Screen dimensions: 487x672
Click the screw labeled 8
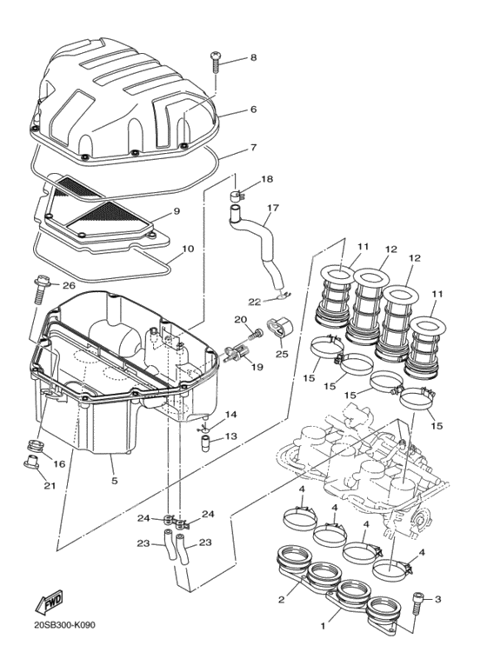tap(216, 63)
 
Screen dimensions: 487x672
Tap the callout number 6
tap(253, 110)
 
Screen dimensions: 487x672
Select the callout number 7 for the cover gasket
tap(253, 148)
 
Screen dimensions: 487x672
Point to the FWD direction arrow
tap(49, 602)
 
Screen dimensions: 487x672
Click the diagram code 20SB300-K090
tap(64, 625)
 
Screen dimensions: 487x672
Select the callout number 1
tap(323, 626)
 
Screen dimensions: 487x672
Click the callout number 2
tap(281, 600)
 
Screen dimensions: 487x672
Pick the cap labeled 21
tap(31, 462)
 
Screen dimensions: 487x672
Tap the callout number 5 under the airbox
tap(115, 481)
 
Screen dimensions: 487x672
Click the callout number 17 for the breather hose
tap(273, 209)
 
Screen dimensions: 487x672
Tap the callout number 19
tap(258, 367)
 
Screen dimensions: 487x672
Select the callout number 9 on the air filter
tap(177, 211)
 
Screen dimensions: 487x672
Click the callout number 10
tap(188, 249)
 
